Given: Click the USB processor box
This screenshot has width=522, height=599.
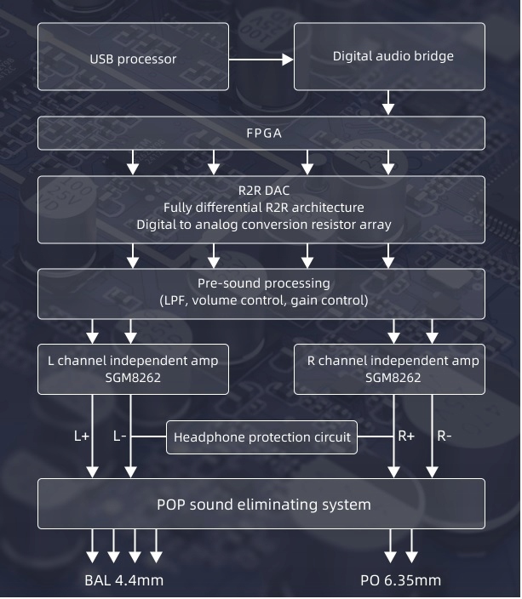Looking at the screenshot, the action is click(133, 56).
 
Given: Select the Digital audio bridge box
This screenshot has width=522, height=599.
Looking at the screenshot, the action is click(389, 56).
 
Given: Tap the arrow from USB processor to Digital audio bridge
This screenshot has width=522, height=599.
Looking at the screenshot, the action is click(261, 60).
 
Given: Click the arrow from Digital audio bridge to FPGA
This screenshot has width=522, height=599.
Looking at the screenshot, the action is click(388, 103).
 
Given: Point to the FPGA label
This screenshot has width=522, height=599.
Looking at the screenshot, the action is click(264, 134).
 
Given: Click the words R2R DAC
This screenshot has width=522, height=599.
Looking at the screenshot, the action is click(264, 191).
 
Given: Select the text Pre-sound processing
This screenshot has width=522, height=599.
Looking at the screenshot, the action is click(264, 283).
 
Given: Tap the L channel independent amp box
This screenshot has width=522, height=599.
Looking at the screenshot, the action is click(133, 369).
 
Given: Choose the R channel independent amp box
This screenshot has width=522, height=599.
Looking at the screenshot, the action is click(389, 369).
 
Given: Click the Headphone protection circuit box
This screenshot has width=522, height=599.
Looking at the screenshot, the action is click(262, 437).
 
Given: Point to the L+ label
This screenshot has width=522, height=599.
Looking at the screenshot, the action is click(82, 436).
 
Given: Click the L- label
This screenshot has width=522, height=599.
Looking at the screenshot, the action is click(120, 436).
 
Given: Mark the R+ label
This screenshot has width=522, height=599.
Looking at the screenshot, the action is click(406, 436).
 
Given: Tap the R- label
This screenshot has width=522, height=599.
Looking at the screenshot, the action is click(445, 436).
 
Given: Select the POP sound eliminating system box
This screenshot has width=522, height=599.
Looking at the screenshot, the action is click(261, 504).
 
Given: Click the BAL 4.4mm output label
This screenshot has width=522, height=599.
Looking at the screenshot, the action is click(124, 580).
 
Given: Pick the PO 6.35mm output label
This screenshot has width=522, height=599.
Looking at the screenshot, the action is click(401, 580).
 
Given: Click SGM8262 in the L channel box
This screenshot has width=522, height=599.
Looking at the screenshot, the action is click(133, 378).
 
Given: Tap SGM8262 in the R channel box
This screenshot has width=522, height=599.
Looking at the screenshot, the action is click(393, 378).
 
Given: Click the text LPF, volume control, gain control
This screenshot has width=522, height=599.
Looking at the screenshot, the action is click(264, 300).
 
